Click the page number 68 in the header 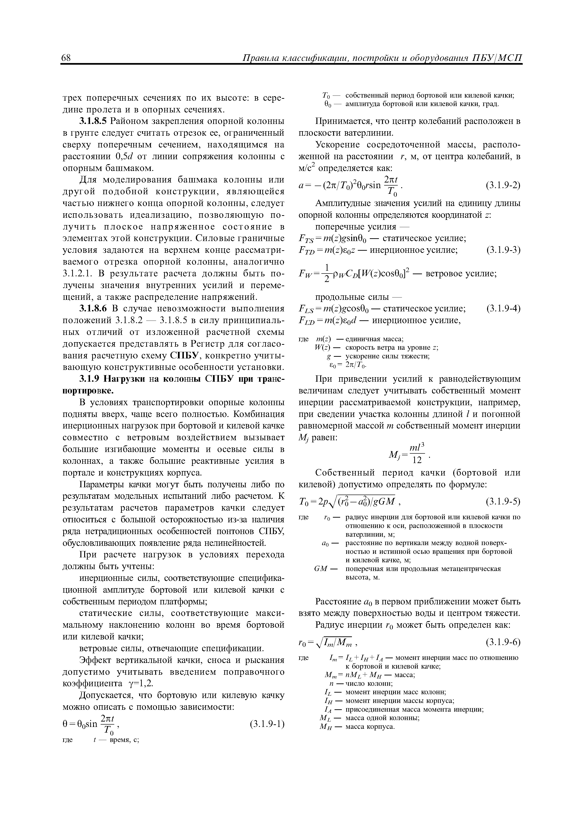click(67, 59)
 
